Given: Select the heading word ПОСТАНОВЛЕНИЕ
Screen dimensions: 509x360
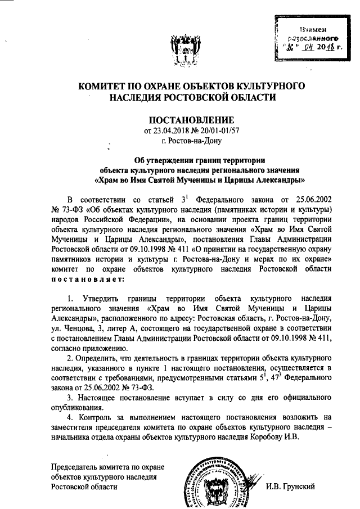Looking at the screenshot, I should (190, 120).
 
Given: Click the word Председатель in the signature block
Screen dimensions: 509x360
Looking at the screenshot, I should (75, 466).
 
